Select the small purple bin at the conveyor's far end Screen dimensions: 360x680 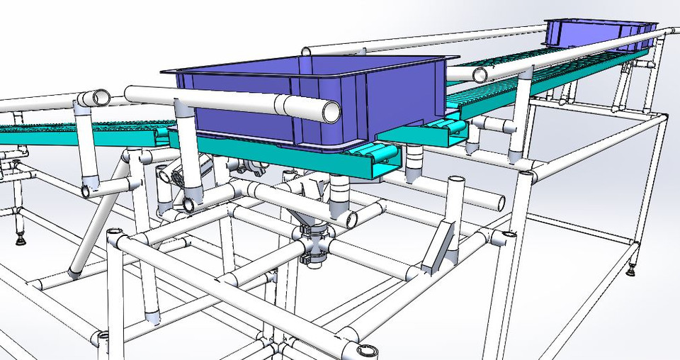point(599,34)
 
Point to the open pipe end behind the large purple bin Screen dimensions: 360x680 point(306,52)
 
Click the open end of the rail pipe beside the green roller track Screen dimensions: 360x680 point(480,75)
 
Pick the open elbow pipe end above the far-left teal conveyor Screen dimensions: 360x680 point(101,97)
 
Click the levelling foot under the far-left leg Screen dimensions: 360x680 point(21,240)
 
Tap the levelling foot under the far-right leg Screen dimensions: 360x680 point(633,269)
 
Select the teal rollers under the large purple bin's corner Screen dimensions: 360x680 point(379,154)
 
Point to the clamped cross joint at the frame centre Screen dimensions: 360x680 point(312,247)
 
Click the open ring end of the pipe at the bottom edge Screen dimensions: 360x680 point(367,350)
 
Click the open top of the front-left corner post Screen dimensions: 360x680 point(113,234)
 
